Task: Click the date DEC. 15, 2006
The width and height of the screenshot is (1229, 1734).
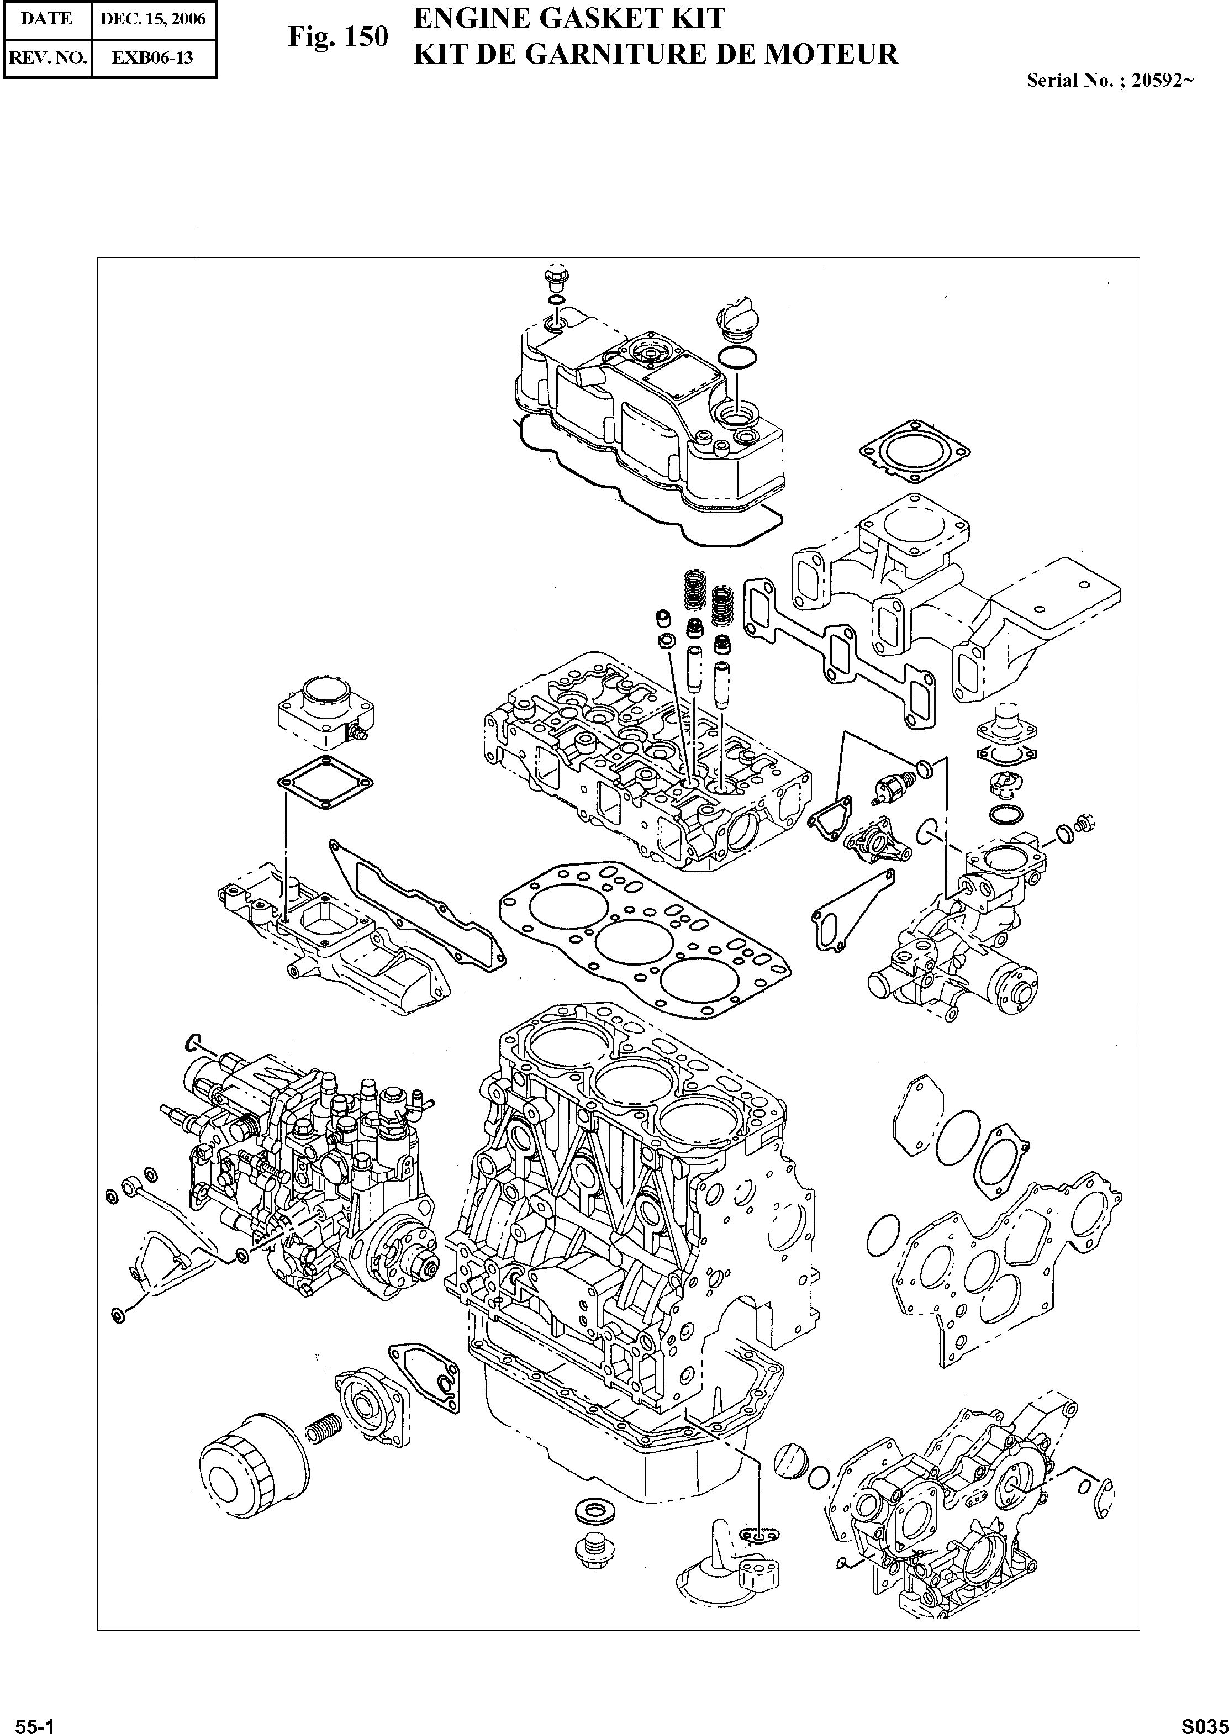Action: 154,18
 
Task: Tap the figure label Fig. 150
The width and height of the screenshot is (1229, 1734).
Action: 337,37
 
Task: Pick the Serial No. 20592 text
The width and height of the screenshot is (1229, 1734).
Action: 1110,81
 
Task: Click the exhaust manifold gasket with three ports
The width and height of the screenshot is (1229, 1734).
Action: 838,650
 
